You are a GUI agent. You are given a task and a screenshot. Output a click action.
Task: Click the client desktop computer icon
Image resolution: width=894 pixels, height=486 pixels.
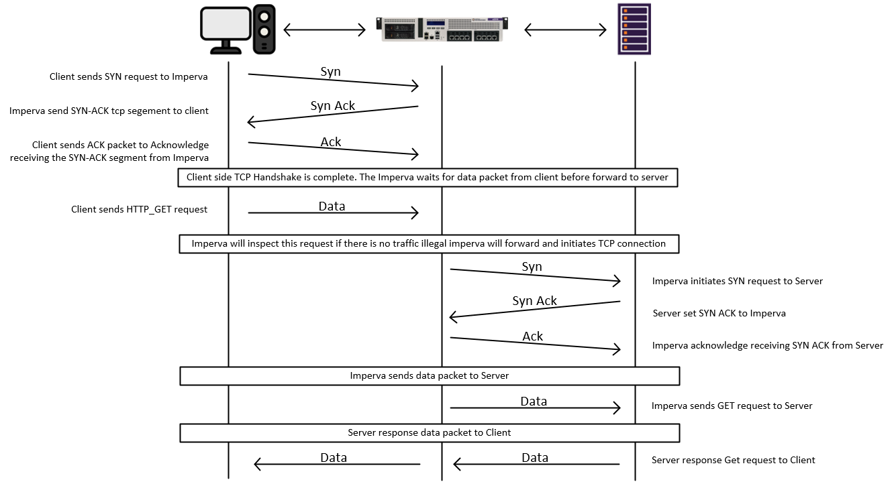point(238,30)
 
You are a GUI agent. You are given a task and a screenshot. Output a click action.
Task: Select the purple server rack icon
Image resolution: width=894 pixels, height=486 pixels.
point(634,30)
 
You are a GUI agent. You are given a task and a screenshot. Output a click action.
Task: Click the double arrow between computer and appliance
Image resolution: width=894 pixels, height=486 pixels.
point(325,29)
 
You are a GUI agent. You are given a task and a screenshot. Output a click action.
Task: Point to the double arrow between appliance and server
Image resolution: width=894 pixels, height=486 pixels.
point(565,29)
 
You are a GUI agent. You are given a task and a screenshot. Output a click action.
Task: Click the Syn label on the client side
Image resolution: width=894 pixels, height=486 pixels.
point(330,72)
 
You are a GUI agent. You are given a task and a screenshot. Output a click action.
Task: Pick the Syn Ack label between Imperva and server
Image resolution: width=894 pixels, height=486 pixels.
point(534,301)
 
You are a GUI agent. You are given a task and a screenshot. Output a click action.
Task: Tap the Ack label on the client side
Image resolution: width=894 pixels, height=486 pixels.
point(330,142)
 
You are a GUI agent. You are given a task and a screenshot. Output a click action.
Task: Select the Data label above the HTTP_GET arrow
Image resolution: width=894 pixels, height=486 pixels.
point(332,206)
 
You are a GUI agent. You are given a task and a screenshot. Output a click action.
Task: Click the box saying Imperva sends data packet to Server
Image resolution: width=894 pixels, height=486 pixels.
point(430,376)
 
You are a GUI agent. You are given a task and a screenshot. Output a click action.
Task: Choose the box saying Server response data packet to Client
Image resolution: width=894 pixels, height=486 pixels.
point(430,433)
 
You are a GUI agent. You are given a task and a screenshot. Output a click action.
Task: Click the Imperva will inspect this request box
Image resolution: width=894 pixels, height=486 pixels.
point(429,243)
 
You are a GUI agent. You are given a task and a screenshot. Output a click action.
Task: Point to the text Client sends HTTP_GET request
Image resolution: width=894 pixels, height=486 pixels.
point(139,210)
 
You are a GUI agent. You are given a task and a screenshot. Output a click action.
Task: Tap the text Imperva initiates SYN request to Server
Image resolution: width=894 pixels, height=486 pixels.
point(737,282)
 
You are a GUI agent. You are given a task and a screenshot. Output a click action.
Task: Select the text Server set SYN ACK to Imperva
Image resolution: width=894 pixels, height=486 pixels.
point(719,314)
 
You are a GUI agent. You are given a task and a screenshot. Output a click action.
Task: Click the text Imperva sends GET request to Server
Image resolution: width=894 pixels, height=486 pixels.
point(732,406)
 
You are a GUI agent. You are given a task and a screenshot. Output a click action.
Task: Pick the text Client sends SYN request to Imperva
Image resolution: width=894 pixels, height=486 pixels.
point(128,77)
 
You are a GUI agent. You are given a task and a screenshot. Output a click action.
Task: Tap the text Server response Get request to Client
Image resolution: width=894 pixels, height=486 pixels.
point(733,461)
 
